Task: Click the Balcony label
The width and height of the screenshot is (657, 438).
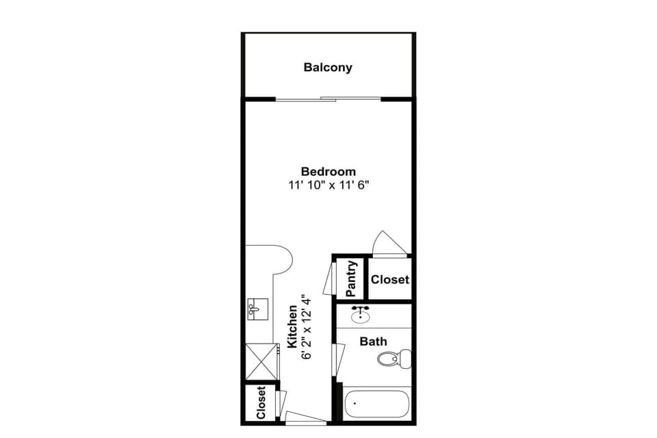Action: pos(328,67)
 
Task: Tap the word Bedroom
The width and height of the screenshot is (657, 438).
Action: pos(328,171)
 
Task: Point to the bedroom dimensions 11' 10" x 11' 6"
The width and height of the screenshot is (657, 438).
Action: pos(328,185)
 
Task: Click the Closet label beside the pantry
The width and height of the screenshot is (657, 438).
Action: pos(390,279)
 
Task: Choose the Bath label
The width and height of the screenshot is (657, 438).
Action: pos(374,341)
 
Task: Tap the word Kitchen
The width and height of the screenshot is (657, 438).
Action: pos(292,327)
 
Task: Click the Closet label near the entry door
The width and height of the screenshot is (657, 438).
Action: pos(261,403)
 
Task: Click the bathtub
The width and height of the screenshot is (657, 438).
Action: pos(377,404)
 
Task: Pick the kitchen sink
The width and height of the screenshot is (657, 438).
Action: pos(258,309)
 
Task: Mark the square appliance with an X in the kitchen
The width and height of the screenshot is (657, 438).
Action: pos(261,361)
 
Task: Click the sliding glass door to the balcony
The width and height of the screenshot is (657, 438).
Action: pos(328,100)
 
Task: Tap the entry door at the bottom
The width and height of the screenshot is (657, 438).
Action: pos(305,417)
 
